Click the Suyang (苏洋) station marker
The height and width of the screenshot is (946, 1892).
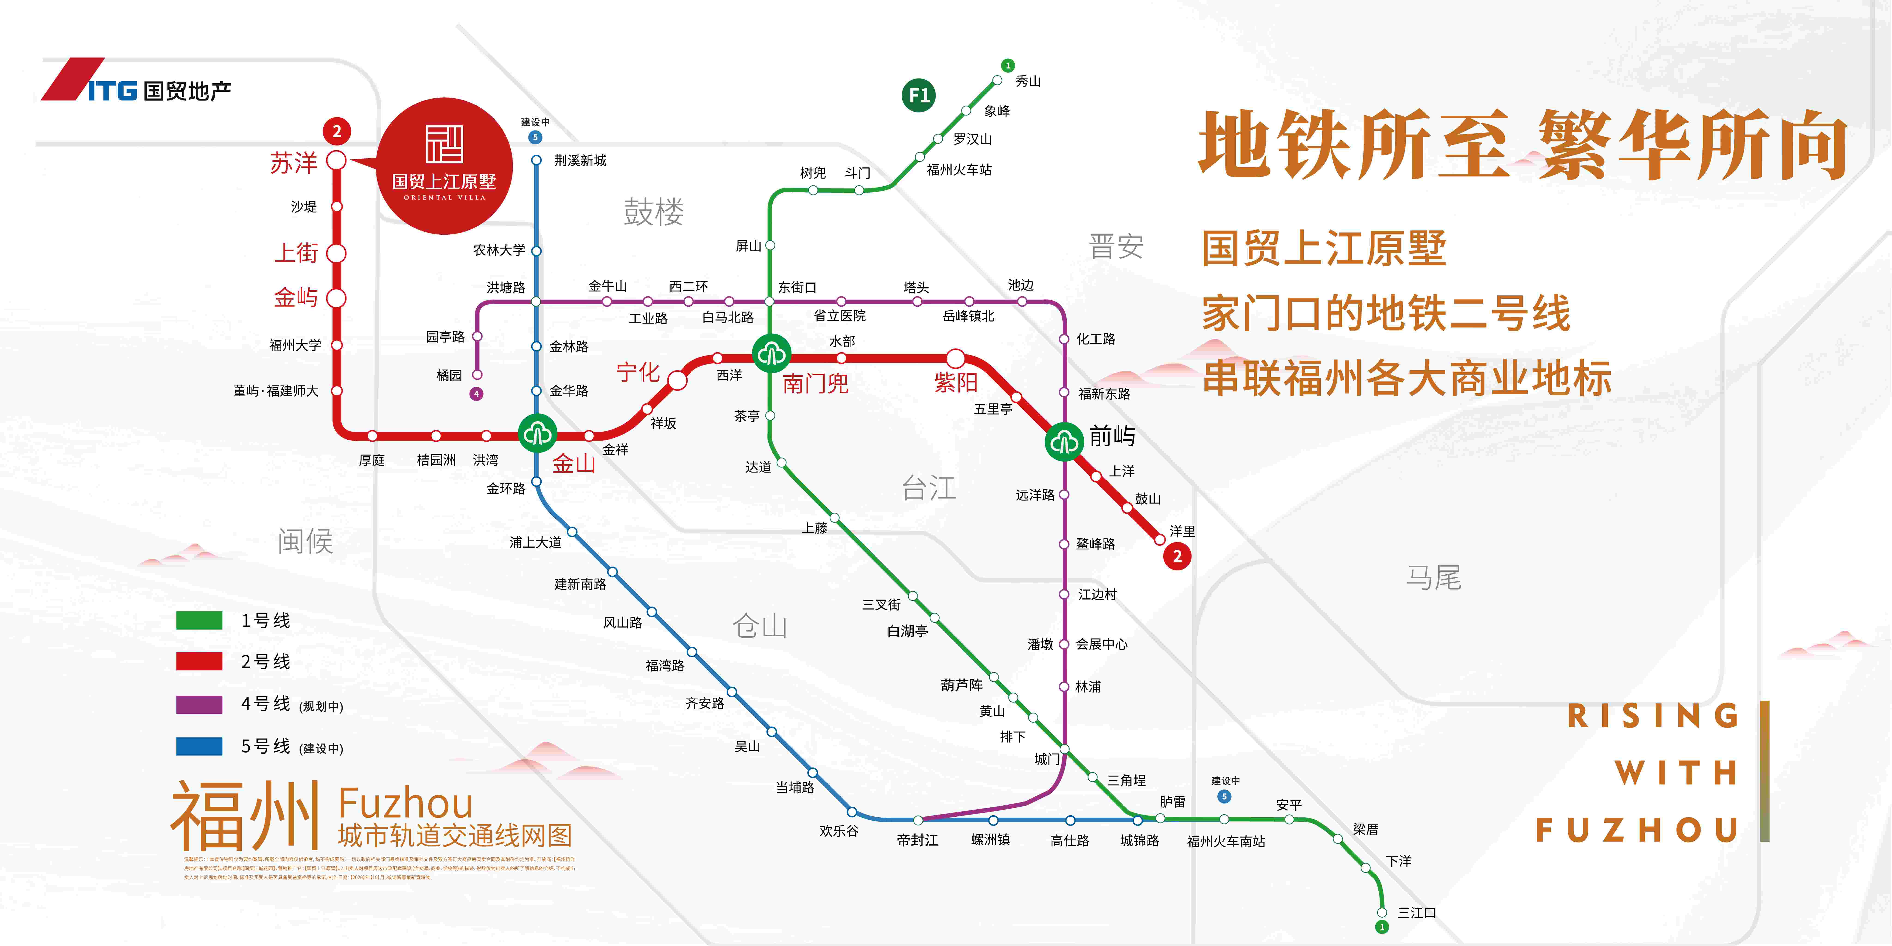pyautogui.click(x=336, y=160)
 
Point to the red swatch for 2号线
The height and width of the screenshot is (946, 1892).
pyautogui.click(x=199, y=661)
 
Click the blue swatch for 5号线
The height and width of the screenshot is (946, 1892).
pyautogui.click(x=199, y=746)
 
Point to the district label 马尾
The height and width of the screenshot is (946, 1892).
pyautogui.click(x=1433, y=577)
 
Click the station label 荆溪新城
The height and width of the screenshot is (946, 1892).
pyautogui.click(x=580, y=160)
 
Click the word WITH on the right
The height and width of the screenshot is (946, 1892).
pyautogui.click(x=1676, y=773)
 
